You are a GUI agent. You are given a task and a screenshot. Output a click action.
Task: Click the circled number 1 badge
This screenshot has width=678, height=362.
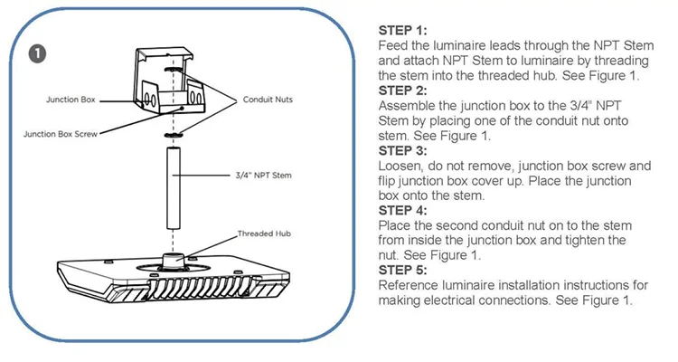pos(37,52)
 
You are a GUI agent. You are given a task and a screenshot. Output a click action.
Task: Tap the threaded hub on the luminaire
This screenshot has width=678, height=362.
pos(174,259)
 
